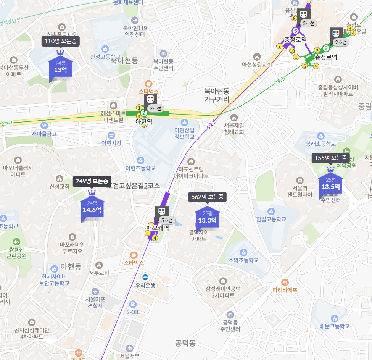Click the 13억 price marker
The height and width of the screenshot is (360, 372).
tap(60, 67)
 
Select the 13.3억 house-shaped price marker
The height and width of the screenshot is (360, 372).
tap(207, 217)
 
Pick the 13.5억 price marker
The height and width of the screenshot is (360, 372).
tap(330, 184)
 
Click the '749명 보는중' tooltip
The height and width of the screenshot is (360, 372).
tap(92, 181)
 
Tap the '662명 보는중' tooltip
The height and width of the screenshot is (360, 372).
tap(207, 197)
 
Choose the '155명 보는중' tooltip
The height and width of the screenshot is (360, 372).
tap(331, 158)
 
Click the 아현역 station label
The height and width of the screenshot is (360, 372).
tap(144, 122)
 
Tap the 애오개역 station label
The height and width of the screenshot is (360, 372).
tap(158, 229)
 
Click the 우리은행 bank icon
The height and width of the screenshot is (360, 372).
tap(145, 277)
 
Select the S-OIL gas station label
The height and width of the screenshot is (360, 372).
tap(133, 312)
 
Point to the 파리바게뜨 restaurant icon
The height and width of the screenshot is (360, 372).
tap(285, 282)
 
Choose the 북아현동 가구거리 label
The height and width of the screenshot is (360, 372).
tap(217, 95)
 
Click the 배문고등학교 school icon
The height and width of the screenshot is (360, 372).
tap(335, 318)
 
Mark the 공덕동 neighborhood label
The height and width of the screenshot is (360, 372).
tap(185, 343)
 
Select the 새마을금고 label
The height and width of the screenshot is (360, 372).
tap(44, 134)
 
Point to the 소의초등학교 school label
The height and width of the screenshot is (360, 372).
tap(243, 260)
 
